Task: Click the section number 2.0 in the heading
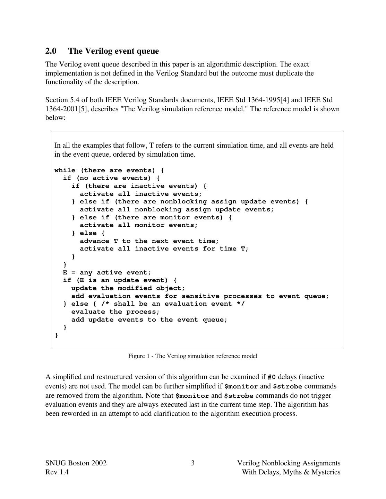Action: click(51, 51)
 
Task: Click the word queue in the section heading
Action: click(147, 51)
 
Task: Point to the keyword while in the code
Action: click(65, 170)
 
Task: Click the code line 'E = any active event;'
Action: click(107, 272)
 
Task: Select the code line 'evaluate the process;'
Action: click(115, 312)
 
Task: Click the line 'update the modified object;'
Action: click(128, 288)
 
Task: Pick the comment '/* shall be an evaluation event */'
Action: click(173, 304)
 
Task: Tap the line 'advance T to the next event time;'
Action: click(149, 241)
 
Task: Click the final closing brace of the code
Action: click(57, 335)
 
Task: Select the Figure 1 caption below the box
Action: click(193, 356)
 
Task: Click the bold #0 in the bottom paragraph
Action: click(272, 377)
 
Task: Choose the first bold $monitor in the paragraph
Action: click(241, 386)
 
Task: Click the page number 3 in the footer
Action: click(193, 463)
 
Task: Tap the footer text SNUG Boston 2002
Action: click(76, 463)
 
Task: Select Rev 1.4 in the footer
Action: click(57, 472)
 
